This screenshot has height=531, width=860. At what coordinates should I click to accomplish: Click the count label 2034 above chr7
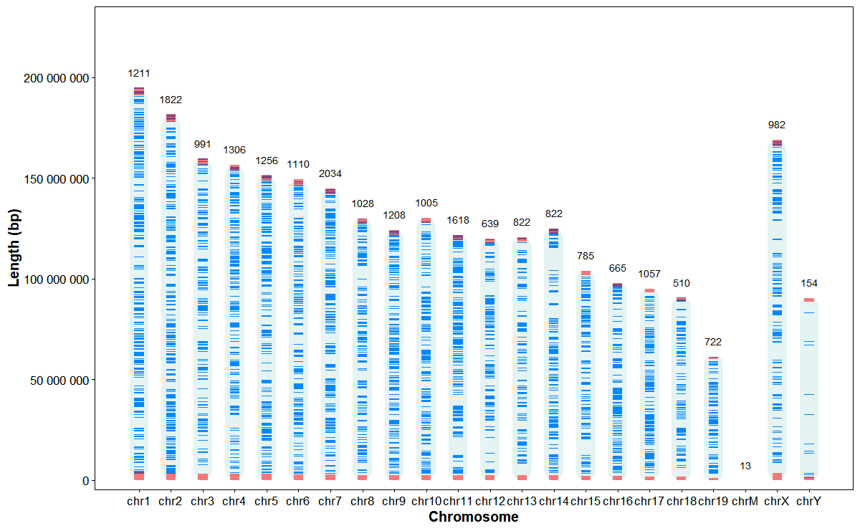click(330, 173)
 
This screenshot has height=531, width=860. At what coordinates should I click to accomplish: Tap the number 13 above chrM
click(745, 466)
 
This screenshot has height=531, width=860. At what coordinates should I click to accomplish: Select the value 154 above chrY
click(809, 283)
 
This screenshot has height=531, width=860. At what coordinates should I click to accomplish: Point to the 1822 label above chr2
click(171, 100)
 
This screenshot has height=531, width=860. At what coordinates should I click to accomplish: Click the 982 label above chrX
click(777, 125)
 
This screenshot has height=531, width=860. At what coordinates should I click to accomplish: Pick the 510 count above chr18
click(681, 283)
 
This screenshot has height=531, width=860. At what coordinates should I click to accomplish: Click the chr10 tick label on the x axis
click(426, 501)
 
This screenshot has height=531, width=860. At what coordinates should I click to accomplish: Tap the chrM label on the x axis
click(745, 501)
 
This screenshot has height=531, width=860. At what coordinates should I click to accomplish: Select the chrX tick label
click(777, 501)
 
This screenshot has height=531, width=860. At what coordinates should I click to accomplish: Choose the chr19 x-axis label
click(713, 501)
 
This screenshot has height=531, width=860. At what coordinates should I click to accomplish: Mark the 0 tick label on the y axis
click(85, 480)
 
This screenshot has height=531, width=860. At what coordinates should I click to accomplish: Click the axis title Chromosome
click(473, 517)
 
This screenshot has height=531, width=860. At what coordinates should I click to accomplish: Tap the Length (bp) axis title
click(14, 247)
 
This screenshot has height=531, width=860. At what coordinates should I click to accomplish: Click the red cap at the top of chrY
click(809, 300)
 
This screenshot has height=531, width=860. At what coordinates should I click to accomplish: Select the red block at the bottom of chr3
click(203, 477)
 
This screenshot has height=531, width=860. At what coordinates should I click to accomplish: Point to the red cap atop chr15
click(586, 273)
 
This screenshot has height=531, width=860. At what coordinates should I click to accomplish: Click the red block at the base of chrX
click(777, 477)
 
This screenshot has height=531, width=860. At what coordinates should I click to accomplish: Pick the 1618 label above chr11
click(458, 221)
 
